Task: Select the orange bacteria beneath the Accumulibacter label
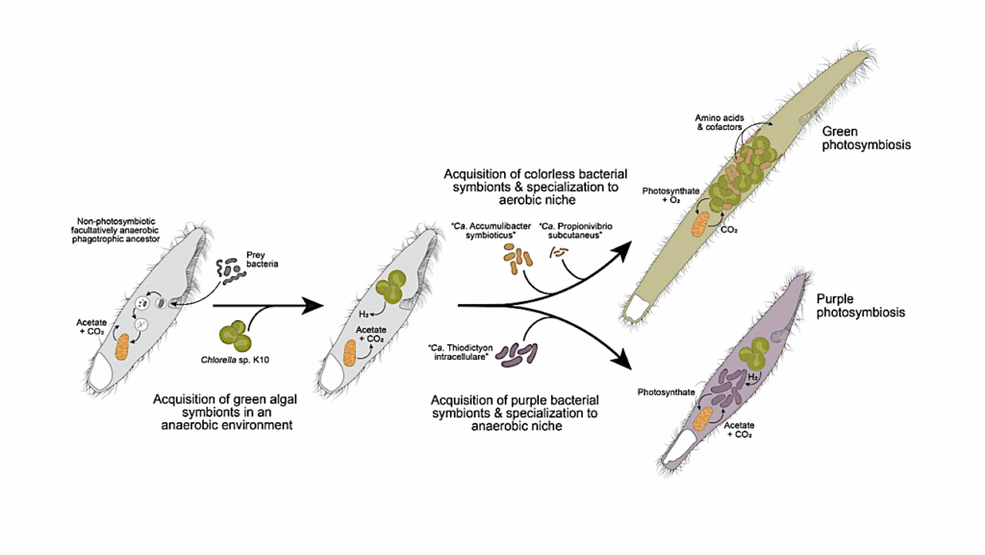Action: pos(517,258)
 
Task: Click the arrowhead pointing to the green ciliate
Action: pos(625,248)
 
